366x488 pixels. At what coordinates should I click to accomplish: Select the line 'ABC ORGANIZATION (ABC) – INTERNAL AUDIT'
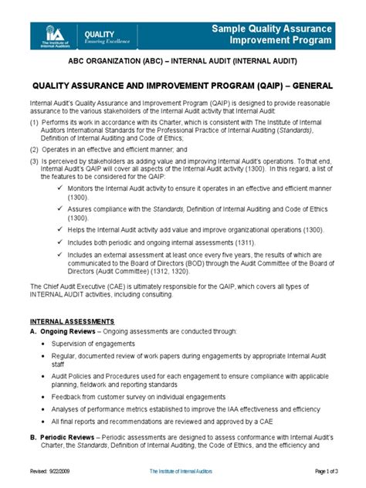[183, 61]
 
